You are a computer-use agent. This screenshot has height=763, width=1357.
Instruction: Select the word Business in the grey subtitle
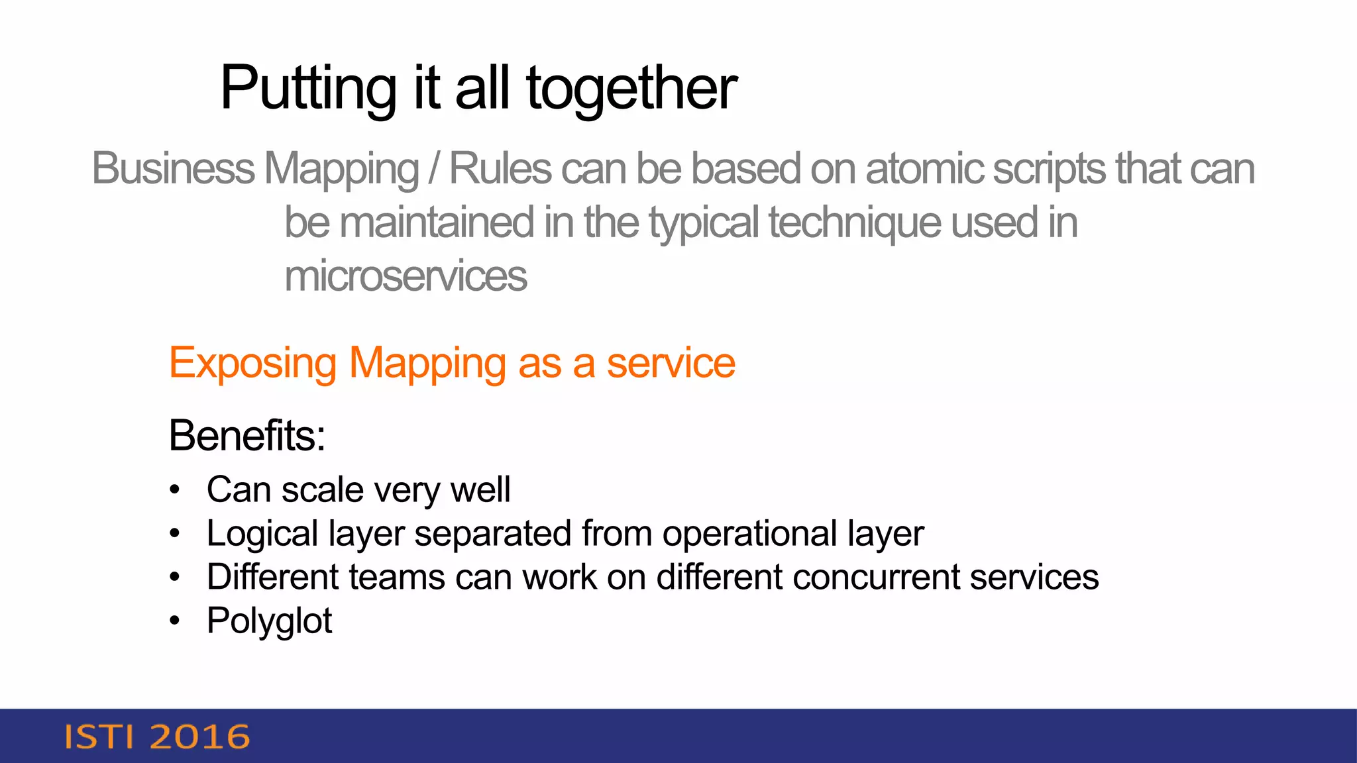tap(173, 168)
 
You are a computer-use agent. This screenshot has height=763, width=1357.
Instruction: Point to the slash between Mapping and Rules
tap(434, 168)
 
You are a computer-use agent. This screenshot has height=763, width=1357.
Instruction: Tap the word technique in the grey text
tap(855, 223)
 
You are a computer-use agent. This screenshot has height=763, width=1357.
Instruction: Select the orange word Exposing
tap(252, 364)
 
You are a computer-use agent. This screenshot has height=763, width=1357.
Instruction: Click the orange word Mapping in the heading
tap(427, 364)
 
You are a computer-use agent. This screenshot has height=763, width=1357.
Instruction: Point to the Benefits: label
tap(246, 435)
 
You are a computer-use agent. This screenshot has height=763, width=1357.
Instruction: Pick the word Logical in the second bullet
tap(262, 534)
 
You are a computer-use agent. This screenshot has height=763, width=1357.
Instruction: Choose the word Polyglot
tap(269, 621)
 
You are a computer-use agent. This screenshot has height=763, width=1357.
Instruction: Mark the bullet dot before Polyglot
tap(174, 621)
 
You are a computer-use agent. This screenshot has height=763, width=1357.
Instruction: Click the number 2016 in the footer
tap(199, 737)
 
